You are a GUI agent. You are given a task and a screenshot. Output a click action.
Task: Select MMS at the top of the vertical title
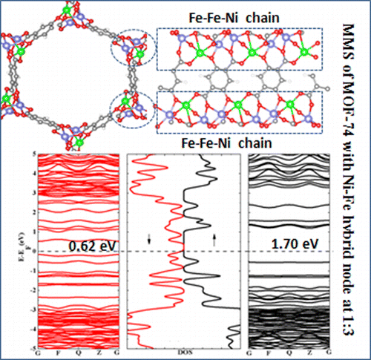[354, 37]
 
